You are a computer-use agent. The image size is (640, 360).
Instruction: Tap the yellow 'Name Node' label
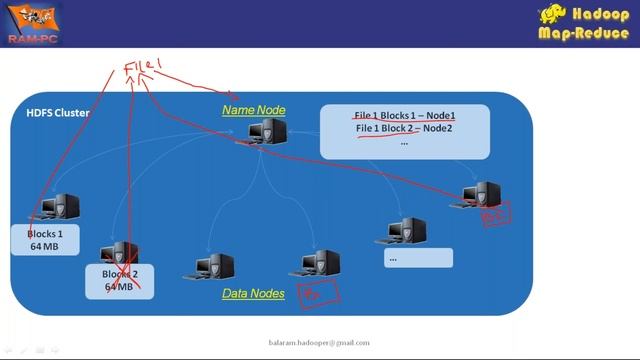coord(254,110)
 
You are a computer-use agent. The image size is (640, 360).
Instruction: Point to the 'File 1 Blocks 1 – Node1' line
coord(404,115)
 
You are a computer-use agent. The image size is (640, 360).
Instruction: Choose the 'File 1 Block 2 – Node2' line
coord(404,128)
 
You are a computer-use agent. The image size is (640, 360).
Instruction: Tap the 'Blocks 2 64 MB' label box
coord(119,279)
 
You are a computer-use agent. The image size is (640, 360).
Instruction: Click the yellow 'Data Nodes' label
coord(253,293)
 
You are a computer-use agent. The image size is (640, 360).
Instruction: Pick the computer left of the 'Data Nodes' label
coord(215,267)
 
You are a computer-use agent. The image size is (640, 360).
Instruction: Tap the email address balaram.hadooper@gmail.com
coord(320,343)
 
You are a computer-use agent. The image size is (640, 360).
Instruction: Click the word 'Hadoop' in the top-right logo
coord(601,15)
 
